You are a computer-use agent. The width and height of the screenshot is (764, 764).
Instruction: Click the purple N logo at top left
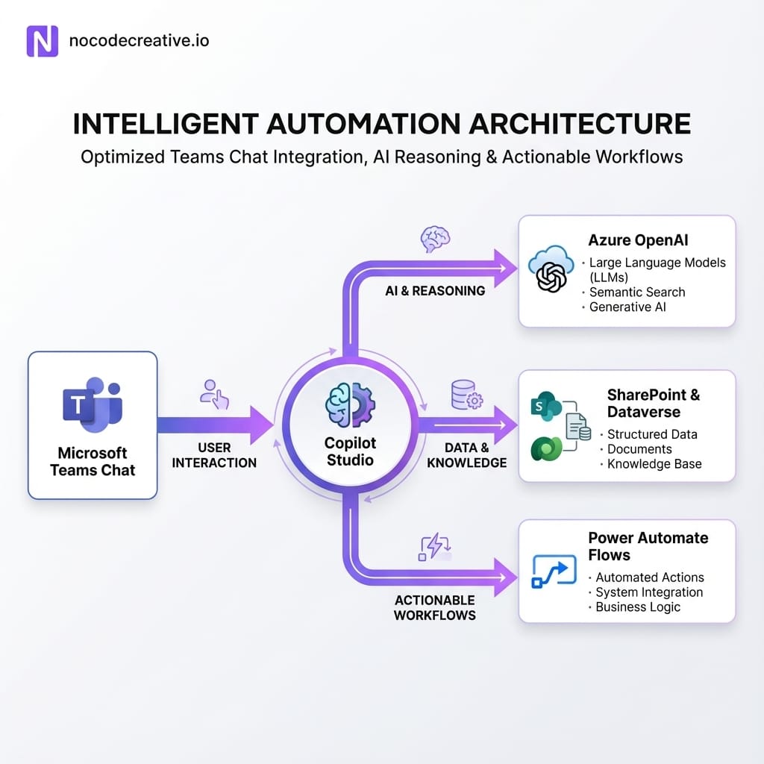(42, 40)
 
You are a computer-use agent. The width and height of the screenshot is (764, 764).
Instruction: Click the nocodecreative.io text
(139, 40)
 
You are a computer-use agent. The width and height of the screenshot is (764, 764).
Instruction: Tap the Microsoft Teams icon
(92, 407)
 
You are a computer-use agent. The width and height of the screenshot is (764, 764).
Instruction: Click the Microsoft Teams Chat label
(93, 461)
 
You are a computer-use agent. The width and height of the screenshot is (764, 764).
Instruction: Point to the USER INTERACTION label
(214, 455)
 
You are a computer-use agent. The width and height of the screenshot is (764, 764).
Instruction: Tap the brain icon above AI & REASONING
(436, 239)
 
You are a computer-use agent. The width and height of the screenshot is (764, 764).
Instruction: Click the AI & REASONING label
(435, 291)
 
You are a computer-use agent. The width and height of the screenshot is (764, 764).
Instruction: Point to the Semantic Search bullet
(636, 292)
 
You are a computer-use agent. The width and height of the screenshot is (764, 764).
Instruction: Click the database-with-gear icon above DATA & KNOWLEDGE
(466, 395)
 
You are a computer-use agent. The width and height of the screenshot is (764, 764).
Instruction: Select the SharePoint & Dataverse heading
(654, 403)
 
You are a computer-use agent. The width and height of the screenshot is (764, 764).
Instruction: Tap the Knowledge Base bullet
(654, 463)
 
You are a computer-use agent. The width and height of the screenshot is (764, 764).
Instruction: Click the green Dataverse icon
(546, 449)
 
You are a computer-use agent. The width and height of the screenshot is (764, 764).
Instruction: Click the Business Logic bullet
(637, 607)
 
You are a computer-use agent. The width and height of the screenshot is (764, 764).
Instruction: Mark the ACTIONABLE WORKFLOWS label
(435, 607)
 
